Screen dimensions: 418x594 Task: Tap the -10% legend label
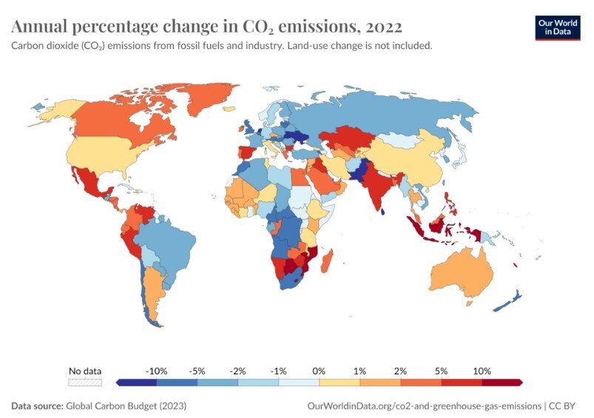[x=157, y=370]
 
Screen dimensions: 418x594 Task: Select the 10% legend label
[x=482, y=370]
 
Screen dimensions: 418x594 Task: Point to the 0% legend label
[x=320, y=370]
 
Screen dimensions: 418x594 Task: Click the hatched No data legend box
[x=84, y=382]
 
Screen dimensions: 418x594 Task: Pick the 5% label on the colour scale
[x=442, y=370]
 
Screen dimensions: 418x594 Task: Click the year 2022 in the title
[x=383, y=27]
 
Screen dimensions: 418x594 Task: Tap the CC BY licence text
[x=567, y=405]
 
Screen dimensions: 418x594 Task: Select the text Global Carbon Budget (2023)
[x=126, y=405]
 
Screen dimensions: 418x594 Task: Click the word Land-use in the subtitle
[x=309, y=46]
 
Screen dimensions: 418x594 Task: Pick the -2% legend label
[x=238, y=370]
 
